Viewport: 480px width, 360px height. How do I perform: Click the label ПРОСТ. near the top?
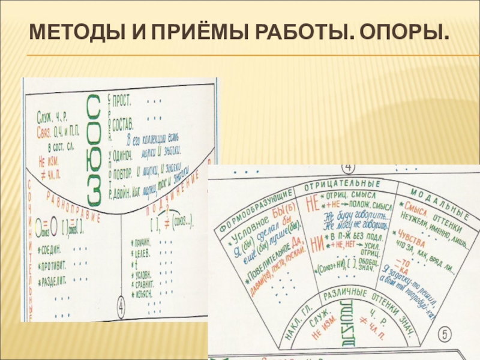pyautogui.click(x=124, y=98)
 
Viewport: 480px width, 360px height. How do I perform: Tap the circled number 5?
pyautogui.click(x=444, y=333)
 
